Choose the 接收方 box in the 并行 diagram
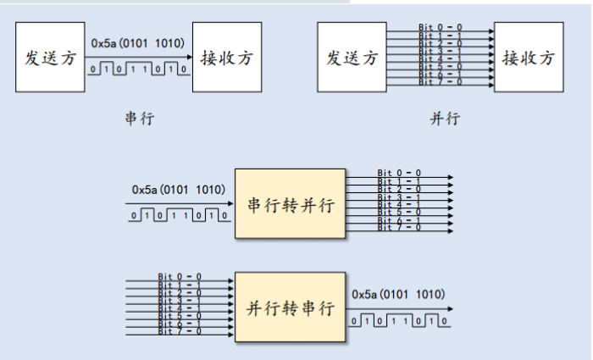tap(529, 58)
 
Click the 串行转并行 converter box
tap(290, 204)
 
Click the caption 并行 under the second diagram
tap(444, 118)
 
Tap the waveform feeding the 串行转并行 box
tap(180, 215)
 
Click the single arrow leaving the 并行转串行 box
tap(397, 307)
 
